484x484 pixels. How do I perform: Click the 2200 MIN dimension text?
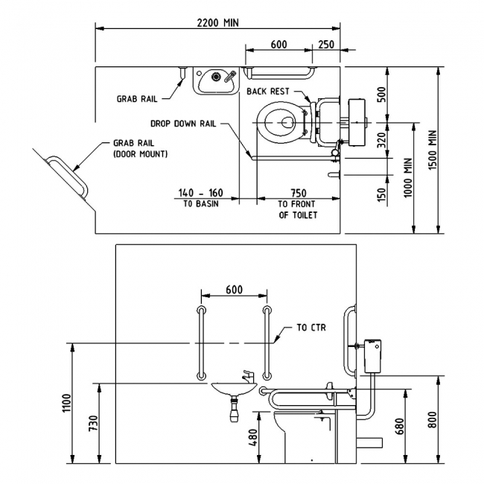pyautogui.click(x=217, y=23)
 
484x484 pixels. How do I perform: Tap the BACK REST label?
pyautogui.click(x=268, y=92)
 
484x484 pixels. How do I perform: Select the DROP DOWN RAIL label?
pyautogui.click(x=183, y=124)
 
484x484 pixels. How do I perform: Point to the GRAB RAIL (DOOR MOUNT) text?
pyautogui.click(x=141, y=148)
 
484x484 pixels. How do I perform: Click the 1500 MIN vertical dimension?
pyautogui.click(x=433, y=150)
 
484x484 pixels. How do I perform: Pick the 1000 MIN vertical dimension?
pyautogui.click(x=408, y=177)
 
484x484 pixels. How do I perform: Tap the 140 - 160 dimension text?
pyautogui.click(x=200, y=193)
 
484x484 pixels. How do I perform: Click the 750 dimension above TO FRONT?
pyautogui.click(x=299, y=193)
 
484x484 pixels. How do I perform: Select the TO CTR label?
pyautogui.click(x=311, y=327)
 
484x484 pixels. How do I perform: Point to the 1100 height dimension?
pyautogui.click(x=67, y=403)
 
